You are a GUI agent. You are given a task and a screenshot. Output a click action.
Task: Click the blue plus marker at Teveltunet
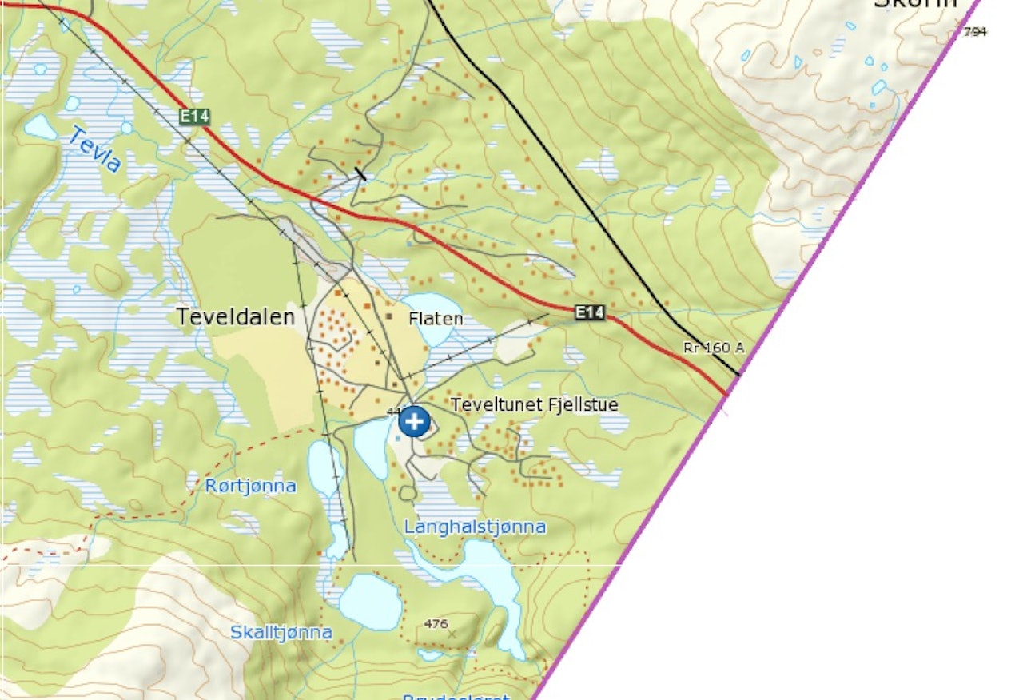pos(414,420)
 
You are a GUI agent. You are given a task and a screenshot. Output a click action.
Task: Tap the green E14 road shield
pos(194,117)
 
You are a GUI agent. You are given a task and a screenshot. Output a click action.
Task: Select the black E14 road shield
pos(590,312)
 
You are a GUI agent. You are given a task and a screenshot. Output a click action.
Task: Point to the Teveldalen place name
pos(235,317)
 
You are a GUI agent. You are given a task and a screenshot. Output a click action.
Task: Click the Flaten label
pos(436,319)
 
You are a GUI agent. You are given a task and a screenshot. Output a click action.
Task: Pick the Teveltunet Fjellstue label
pos(534,405)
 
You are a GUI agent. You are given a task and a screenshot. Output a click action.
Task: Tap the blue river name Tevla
pos(94,149)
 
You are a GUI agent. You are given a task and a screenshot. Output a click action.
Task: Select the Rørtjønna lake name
pos(250,486)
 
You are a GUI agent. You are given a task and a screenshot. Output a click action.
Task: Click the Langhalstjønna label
pos(475,527)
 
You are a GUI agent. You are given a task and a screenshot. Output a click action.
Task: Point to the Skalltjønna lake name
pos(281,633)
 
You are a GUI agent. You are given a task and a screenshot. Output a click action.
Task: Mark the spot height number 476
pos(436,623)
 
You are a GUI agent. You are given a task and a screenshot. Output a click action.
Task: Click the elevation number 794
pos(975,32)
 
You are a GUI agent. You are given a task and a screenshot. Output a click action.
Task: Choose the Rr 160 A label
pos(714,348)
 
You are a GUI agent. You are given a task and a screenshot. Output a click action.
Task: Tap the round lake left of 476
pos(370,601)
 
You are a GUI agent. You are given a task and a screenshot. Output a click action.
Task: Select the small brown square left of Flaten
pos(390,317)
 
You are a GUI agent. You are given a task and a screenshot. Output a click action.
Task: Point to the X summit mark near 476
pos(452,633)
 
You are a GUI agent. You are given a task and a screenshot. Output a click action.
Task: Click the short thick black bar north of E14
pos(360,173)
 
